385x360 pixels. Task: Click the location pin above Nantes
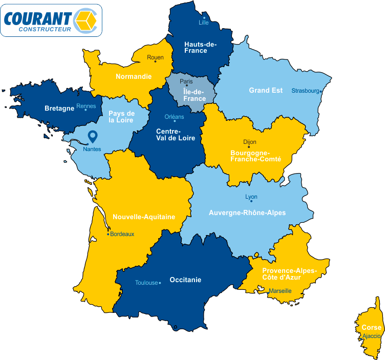tap(93, 136)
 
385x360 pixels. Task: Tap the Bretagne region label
tap(59, 109)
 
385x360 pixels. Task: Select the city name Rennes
tap(85, 106)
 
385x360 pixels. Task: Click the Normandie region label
tap(134, 77)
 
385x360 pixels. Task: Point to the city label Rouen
tap(155, 57)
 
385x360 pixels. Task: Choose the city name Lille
tap(204, 22)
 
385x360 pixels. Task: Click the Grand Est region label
tap(266, 91)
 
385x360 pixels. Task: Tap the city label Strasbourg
tap(305, 91)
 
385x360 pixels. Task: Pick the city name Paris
tap(186, 81)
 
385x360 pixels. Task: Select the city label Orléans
tap(174, 116)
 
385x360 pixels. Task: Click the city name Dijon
tap(250, 142)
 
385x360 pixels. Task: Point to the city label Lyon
tap(251, 197)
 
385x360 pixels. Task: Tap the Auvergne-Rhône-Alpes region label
tap(247, 213)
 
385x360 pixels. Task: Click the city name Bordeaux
tap(122, 234)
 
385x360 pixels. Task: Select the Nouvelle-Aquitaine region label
tap(144, 217)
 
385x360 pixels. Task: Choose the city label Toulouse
tap(146, 283)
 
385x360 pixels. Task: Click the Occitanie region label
tap(185, 280)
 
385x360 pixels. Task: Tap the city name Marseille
tap(280, 291)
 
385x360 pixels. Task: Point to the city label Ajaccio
tap(371, 336)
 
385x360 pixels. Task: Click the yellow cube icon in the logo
tap(85, 20)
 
